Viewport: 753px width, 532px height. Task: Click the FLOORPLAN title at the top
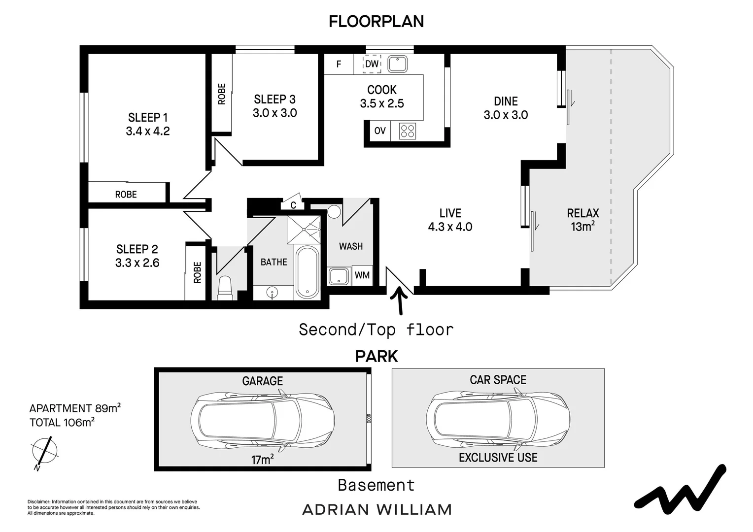point(376,22)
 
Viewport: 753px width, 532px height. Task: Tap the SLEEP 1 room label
point(147,117)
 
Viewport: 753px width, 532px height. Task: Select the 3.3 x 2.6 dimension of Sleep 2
point(137,263)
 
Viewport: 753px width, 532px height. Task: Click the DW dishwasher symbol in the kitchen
point(372,64)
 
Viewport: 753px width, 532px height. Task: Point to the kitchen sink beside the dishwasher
point(397,64)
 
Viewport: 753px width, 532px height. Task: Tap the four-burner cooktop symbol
point(408,131)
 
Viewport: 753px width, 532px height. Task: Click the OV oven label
point(380,131)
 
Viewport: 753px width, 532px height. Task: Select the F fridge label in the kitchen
point(339,64)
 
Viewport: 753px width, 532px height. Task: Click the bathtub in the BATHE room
point(307,272)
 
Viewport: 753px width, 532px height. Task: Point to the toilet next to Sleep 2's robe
point(225,288)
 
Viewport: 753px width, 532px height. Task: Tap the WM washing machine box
point(362,275)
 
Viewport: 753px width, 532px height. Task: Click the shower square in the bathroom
point(304,230)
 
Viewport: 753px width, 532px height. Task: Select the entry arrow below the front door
point(399,300)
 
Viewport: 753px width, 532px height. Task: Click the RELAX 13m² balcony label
point(583,220)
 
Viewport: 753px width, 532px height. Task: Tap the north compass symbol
point(45,452)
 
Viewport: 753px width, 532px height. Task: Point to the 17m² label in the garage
point(262,459)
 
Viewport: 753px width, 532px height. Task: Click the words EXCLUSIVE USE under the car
point(498,458)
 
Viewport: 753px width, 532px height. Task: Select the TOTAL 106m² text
point(62,422)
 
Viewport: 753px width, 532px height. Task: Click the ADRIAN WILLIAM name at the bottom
point(376,510)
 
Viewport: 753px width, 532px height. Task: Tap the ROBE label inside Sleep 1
point(126,194)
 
